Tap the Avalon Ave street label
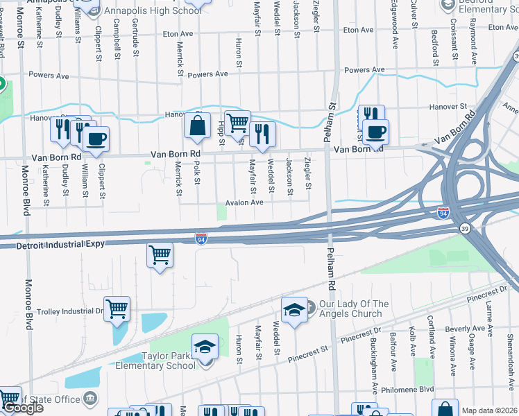click(x=243, y=202)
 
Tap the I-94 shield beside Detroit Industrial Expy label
click(x=201, y=239)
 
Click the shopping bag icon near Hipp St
click(x=197, y=125)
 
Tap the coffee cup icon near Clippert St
click(x=96, y=138)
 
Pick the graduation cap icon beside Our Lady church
click(x=294, y=309)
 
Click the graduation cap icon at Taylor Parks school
click(x=205, y=347)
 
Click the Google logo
click(x=23, y=408)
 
